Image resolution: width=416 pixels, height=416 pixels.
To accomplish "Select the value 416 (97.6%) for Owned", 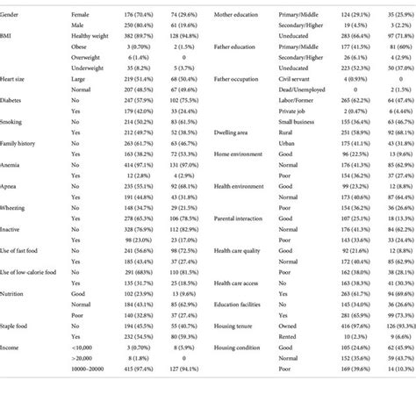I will click(358, 323).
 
